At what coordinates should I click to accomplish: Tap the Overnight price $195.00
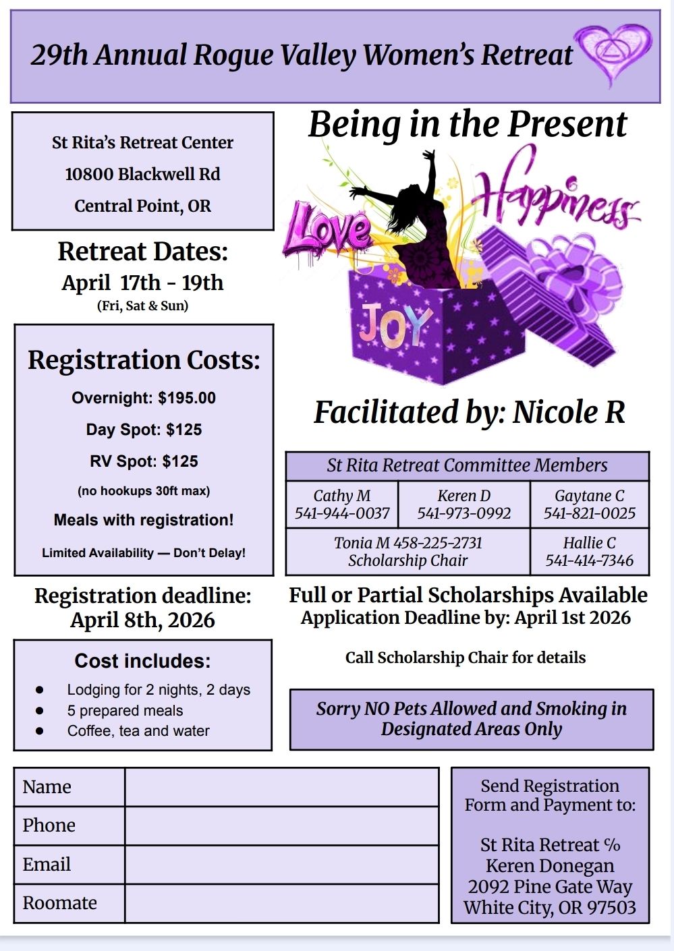[187, 398]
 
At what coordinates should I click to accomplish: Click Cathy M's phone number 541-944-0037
[342, 513]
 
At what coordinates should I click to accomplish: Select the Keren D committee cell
[464, 505]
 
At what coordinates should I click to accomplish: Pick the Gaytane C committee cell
[590, 505]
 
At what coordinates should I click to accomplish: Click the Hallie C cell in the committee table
[590, 551]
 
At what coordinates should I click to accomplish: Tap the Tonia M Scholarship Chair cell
[408, 551]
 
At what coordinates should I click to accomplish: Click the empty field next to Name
[281, 787]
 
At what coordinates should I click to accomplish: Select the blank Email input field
[281, 865]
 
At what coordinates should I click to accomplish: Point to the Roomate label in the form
[60, 903]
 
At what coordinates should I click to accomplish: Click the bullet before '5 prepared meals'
[40, 710]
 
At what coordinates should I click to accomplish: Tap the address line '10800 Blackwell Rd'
[142, 174]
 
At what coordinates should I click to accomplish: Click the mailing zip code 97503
[611, 908]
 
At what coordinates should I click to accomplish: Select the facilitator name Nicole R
[569, 412]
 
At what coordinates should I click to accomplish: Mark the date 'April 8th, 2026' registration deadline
[142, 620]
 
